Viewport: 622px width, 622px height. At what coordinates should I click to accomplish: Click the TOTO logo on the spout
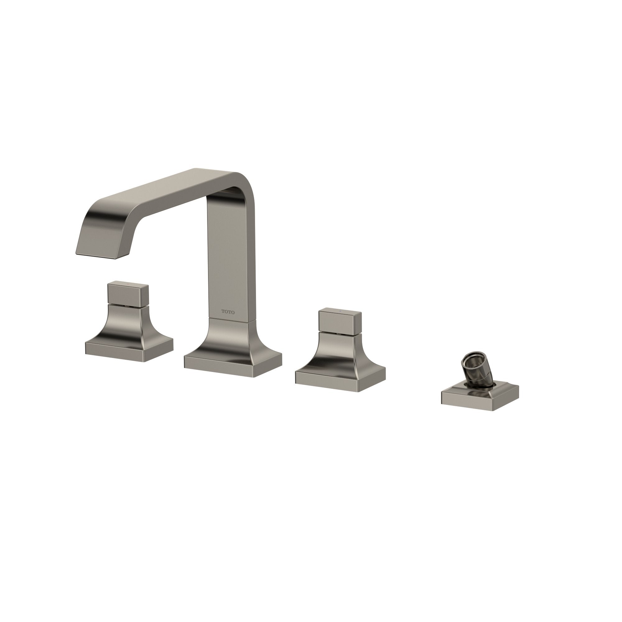tap(228, 312)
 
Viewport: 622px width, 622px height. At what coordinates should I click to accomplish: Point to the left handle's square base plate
tap(129, 348)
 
